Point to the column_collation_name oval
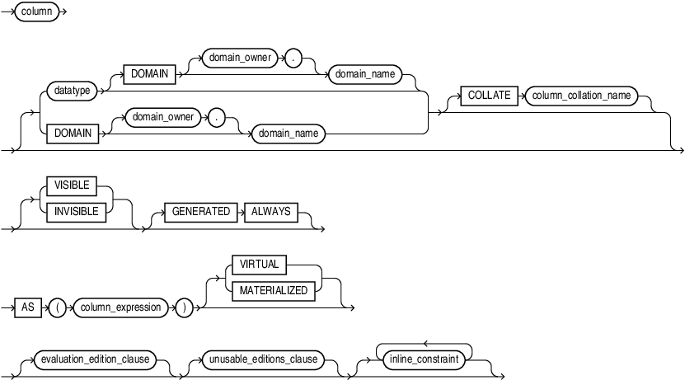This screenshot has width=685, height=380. tap(581, 96)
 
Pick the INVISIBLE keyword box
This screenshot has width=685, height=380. tap(77, 211)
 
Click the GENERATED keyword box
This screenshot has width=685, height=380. tap(200, 212)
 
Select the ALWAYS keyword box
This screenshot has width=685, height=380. tap(271, 212)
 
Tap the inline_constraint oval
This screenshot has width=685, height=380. tap(424, 360)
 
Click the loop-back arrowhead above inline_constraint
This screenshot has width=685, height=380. tap(424, 344)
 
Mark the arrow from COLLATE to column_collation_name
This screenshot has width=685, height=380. tap(518, 96)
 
